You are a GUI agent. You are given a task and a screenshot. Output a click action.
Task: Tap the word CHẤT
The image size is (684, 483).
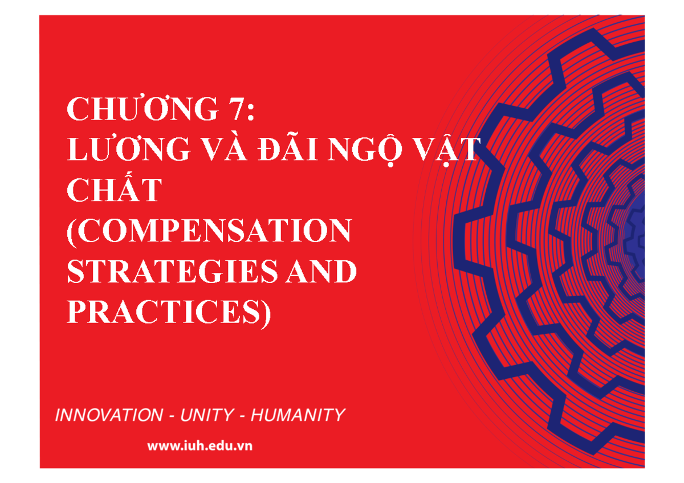(x=115, y=191)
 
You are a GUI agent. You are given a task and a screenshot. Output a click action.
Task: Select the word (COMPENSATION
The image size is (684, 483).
(x=209, y=231)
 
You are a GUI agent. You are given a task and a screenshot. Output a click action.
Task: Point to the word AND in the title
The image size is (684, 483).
(x=327, y=272)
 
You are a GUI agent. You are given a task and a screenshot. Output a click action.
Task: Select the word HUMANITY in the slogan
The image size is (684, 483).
(x=298, y=415)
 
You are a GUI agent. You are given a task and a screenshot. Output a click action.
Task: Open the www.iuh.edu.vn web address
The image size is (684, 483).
(x=199, y=446)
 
